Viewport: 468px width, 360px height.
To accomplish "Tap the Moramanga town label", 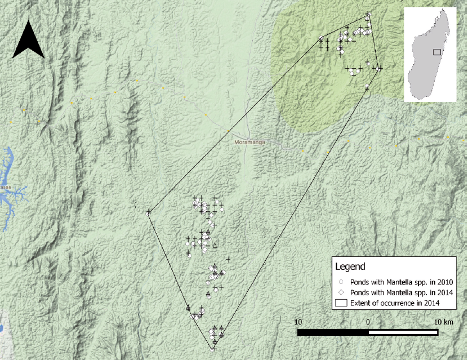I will [249, 143].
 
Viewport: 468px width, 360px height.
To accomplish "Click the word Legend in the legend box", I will [350, 266].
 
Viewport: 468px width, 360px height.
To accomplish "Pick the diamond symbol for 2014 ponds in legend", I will [341, 292].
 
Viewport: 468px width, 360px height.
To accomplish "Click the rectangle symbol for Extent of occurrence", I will [341, 303].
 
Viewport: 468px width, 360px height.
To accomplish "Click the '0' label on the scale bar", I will [368, 322].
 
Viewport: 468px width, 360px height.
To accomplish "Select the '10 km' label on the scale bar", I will [443, 322].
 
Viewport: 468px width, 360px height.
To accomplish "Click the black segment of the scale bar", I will [333, 332].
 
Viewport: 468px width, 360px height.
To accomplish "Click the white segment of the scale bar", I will [404, 332].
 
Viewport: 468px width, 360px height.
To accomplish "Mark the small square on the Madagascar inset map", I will [436, 52].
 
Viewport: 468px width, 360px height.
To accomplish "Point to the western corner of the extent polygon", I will [149, 212].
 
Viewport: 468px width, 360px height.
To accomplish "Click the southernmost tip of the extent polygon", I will [213, 349].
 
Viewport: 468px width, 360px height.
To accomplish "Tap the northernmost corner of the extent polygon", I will [368, 15].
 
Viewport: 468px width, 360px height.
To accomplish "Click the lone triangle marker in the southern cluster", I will [215, 245].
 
